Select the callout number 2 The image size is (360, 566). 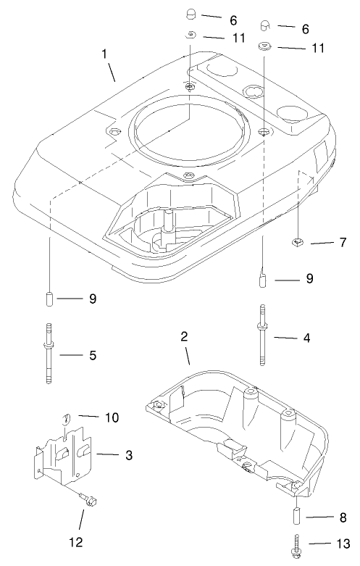(184, 336)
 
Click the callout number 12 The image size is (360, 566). (81, 541)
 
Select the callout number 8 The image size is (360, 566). (342, 517)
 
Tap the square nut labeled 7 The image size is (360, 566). (297, 241)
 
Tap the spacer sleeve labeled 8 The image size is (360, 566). (297, 518)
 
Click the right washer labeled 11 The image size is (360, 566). (264, 46)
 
